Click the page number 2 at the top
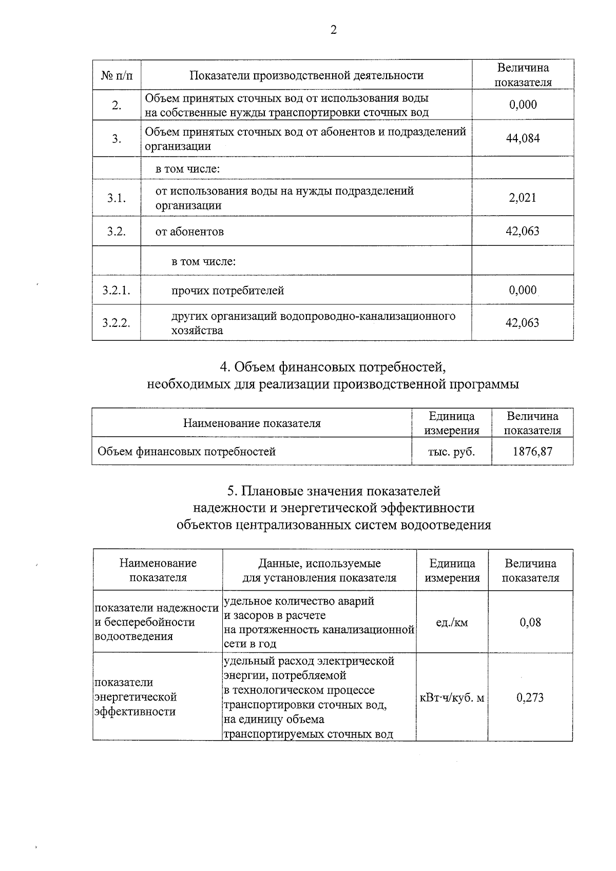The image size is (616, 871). [x=334, y=30]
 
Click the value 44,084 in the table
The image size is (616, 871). [x=523, y=139]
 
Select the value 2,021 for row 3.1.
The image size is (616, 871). [x=523, y=198]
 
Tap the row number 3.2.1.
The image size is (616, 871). [x=116, y=291]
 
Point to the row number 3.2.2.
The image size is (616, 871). [x=116, y=323]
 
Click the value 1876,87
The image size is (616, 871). [x=532, y=451]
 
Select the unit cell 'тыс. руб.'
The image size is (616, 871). [x=451, y=452]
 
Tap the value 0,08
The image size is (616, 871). [x=530, y=623]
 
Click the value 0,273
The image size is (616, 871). [x=530, y=698]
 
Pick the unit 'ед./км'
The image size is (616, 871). [x=452, y=623]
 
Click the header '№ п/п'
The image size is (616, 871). [x=117, y=75]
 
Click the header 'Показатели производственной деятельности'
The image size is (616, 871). [x=306, y=75]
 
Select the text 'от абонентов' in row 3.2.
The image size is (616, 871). [x=189, y=231]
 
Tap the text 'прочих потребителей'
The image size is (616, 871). [x=227, y=291]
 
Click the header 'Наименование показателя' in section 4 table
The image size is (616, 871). [x=252, y=423]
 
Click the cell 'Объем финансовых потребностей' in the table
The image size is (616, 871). [x=186, y=452]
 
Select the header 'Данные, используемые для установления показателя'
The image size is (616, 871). [x=319, y=570]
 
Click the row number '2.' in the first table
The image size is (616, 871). [x=117, y=105]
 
